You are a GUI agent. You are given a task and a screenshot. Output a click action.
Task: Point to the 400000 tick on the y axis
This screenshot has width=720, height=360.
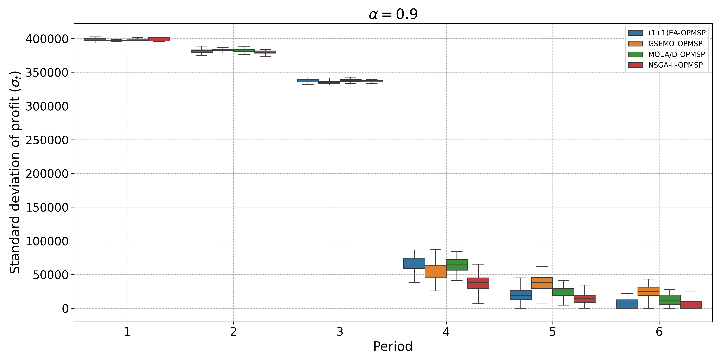click(x=47, y=39)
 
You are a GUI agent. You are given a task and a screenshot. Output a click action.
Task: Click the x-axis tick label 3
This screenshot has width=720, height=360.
click(x=340, y=332)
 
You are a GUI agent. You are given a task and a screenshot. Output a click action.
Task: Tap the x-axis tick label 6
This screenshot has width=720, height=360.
click(x=659, y=332)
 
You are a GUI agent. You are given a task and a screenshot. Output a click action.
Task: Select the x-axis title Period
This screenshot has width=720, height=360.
click(x=393, y=347)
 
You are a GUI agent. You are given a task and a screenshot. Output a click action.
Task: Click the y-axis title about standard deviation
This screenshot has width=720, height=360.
click(x=15, y=172)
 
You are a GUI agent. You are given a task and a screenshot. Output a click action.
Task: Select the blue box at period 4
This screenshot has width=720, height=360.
click(x=414, y=263)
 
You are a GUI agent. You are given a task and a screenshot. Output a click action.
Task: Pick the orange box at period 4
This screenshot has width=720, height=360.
click(x=435, y=271)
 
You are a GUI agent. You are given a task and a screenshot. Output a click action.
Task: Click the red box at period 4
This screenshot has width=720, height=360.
click(x=478, y=283)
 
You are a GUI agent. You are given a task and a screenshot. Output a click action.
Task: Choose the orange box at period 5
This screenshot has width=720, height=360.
click(x=542, y=283)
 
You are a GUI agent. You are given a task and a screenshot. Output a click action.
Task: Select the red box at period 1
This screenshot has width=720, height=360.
click(x=159, y=39)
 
